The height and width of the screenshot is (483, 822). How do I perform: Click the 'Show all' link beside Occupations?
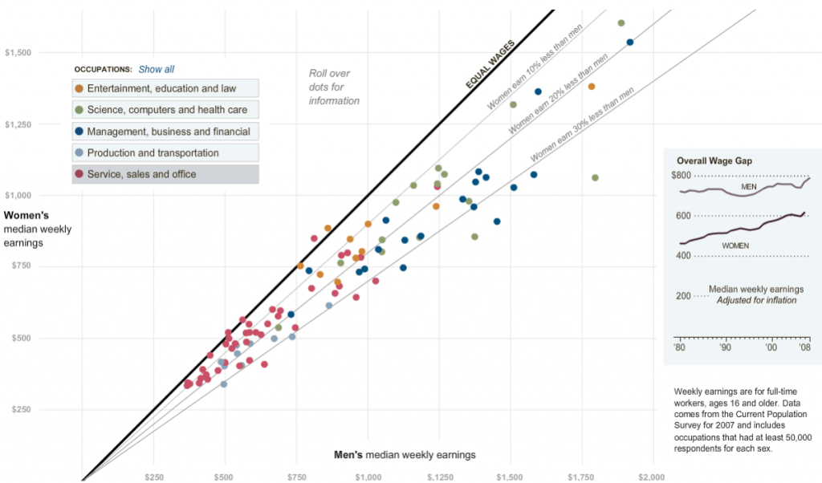point(157,70)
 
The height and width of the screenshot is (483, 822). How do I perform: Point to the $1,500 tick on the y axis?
point(18,53)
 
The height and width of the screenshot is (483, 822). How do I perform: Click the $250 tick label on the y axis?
point(18,410)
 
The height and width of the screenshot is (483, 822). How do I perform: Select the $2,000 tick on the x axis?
point(651,477)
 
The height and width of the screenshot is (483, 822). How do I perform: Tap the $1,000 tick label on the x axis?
point(367,477)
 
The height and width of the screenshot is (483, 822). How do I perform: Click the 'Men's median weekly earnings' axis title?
point(405,455)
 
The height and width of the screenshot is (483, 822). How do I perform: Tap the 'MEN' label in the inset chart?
point(749,187)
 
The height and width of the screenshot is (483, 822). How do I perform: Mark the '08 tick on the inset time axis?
point(805,348)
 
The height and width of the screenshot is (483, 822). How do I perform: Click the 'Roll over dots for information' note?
point(334,87)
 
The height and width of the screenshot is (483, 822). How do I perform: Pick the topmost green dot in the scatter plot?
point(621,23)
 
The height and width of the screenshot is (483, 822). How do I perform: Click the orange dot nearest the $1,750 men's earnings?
point(592,87)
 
